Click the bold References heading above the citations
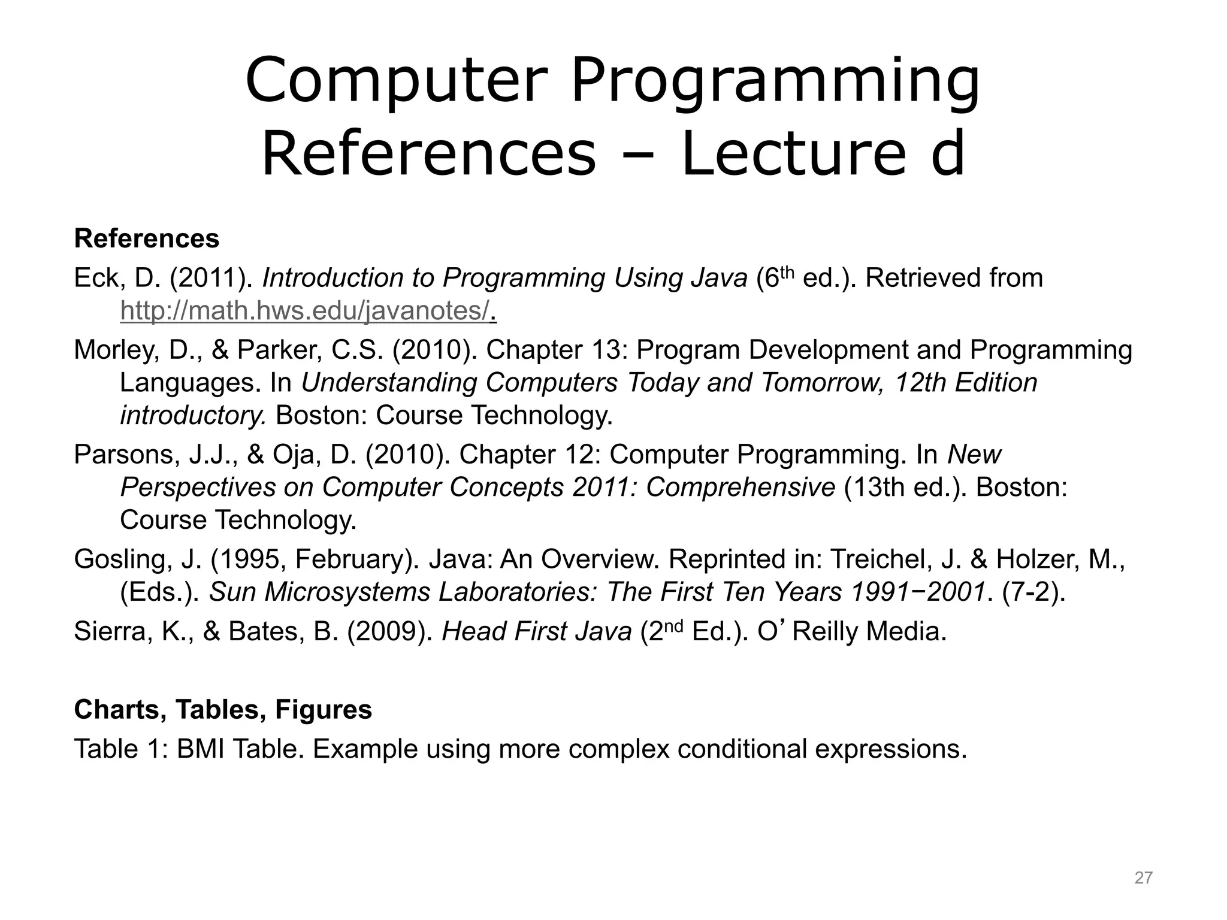point(147,238)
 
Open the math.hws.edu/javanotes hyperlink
point(305,311)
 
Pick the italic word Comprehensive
point(741,488)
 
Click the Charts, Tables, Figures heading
point(223,710)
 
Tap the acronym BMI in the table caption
point(200,749)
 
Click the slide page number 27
point(1143,878)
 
